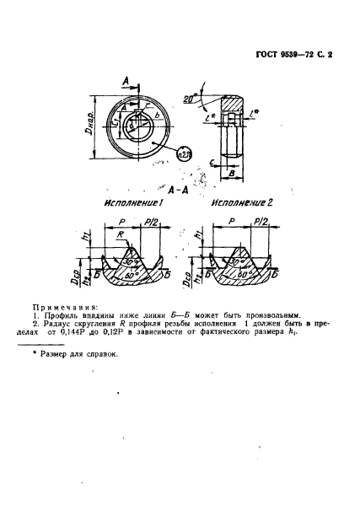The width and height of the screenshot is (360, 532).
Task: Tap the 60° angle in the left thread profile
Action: click(129, 274)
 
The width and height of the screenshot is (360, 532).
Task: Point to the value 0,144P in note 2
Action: click(86, 332)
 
